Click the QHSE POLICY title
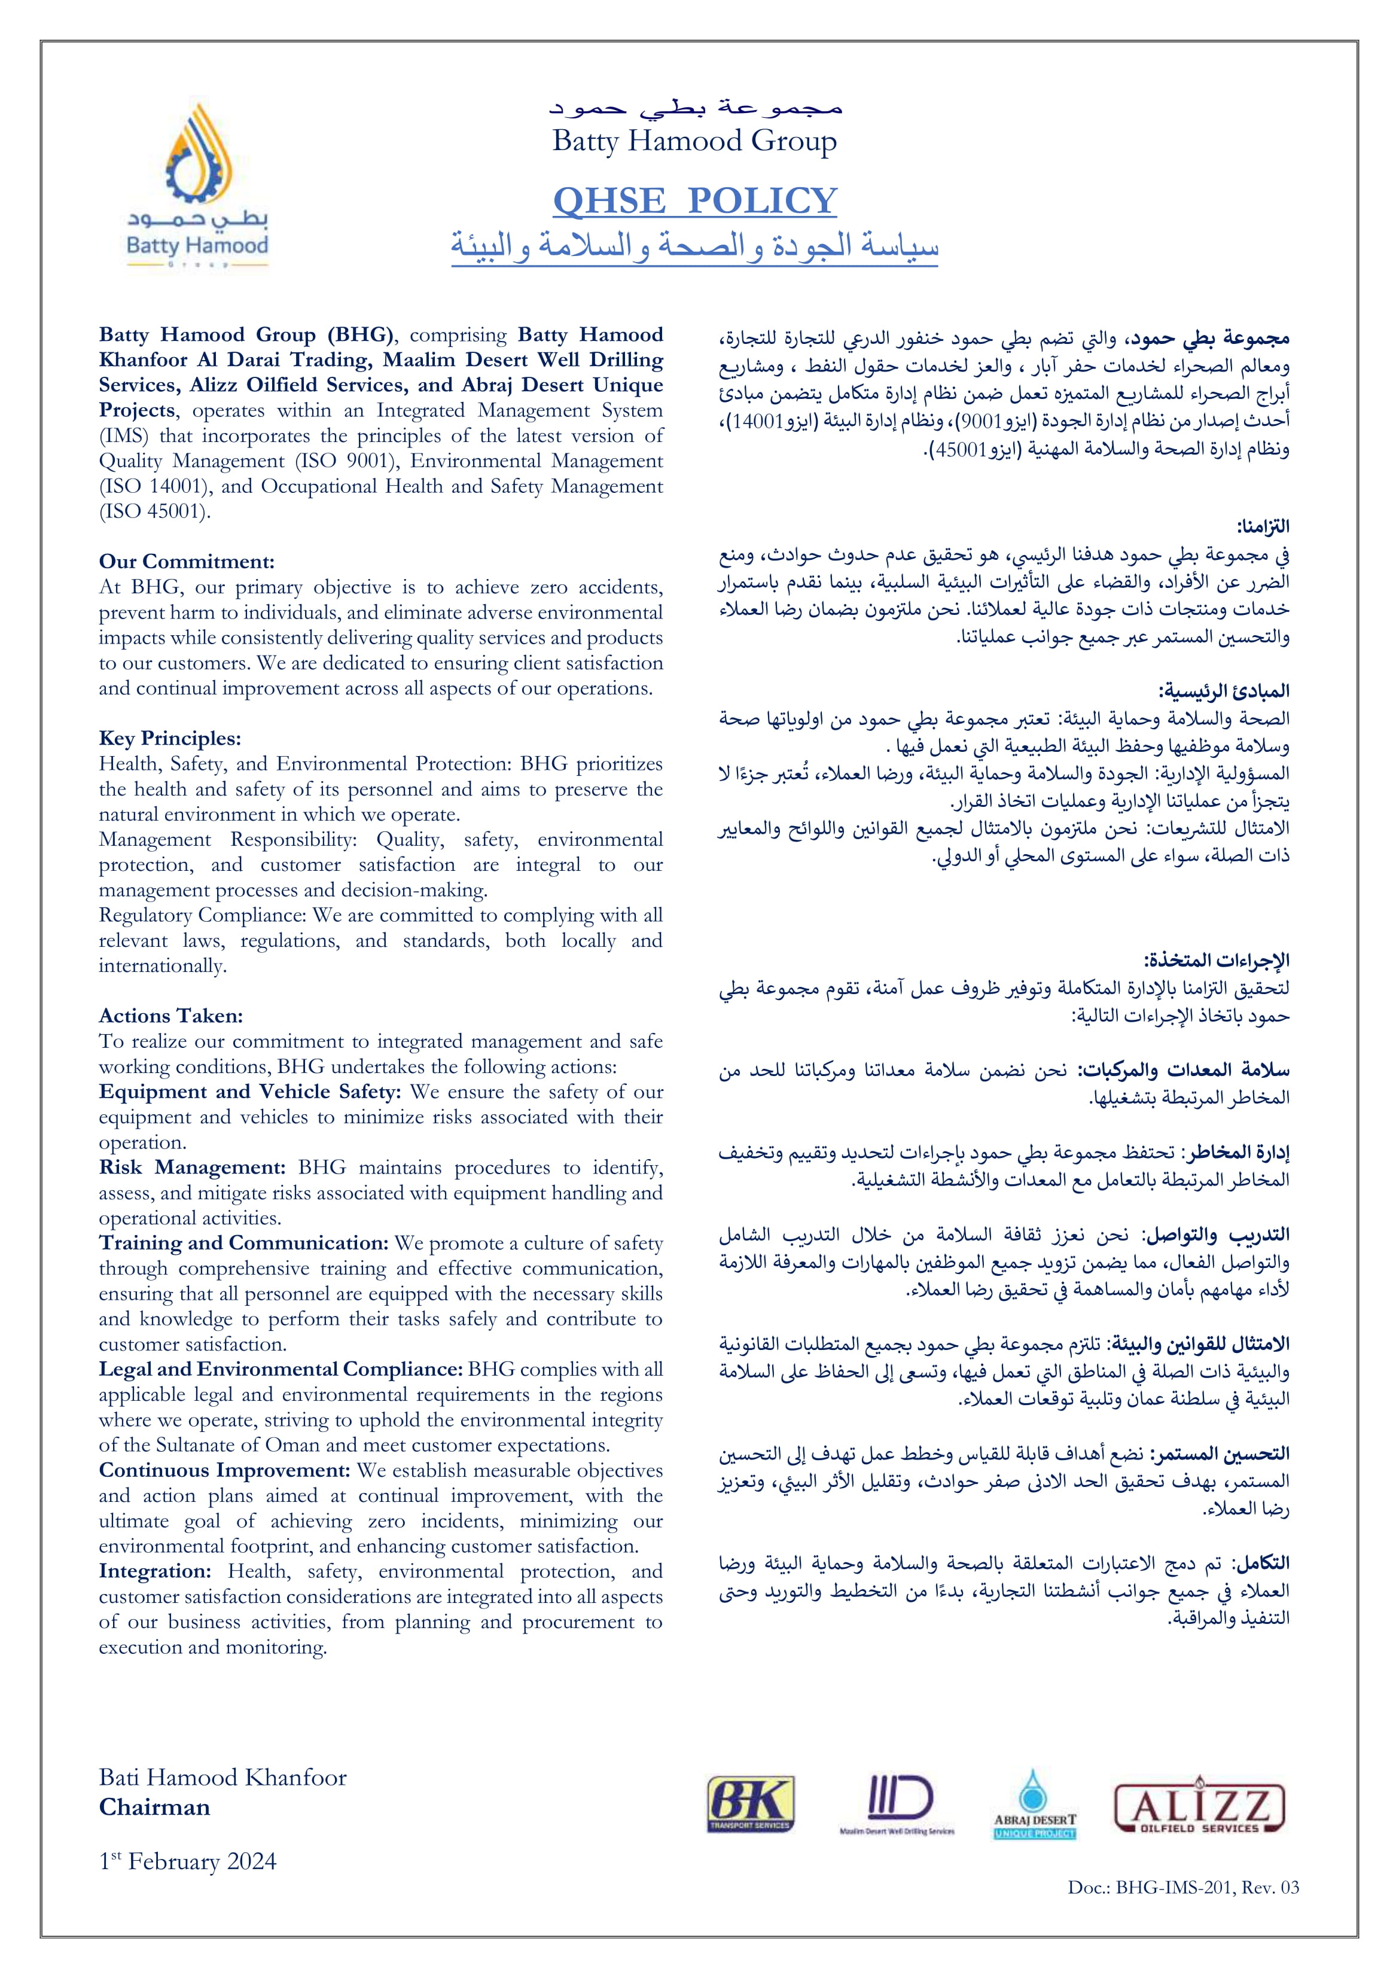coord(694,201)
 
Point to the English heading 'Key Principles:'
coord(170,738)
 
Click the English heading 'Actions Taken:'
coord(170,1016)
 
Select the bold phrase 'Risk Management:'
coord(192,1168)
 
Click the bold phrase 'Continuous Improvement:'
coord(225,1471)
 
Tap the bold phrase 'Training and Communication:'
coord(244,1243)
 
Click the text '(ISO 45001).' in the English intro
coord(155,512)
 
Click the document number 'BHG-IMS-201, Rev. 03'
coord(1207,1888)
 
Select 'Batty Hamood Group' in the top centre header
coord(694,141)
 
